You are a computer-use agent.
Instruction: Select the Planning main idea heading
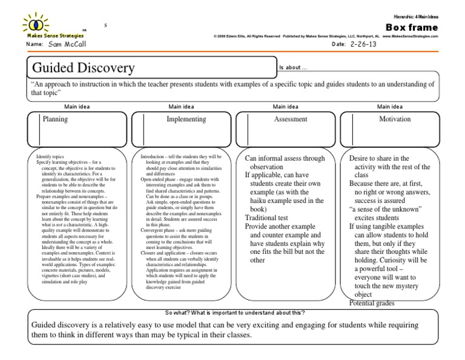coord(54,120)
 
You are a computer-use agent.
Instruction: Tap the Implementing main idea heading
coord(186,120)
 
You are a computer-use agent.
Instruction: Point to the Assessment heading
coord(291,120)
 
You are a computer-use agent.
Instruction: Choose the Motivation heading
coord(395,120)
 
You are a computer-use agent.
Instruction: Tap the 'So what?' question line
coord(235,312)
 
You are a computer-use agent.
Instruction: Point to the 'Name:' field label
coord(35,45)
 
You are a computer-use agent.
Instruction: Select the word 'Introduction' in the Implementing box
coord(153,156)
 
